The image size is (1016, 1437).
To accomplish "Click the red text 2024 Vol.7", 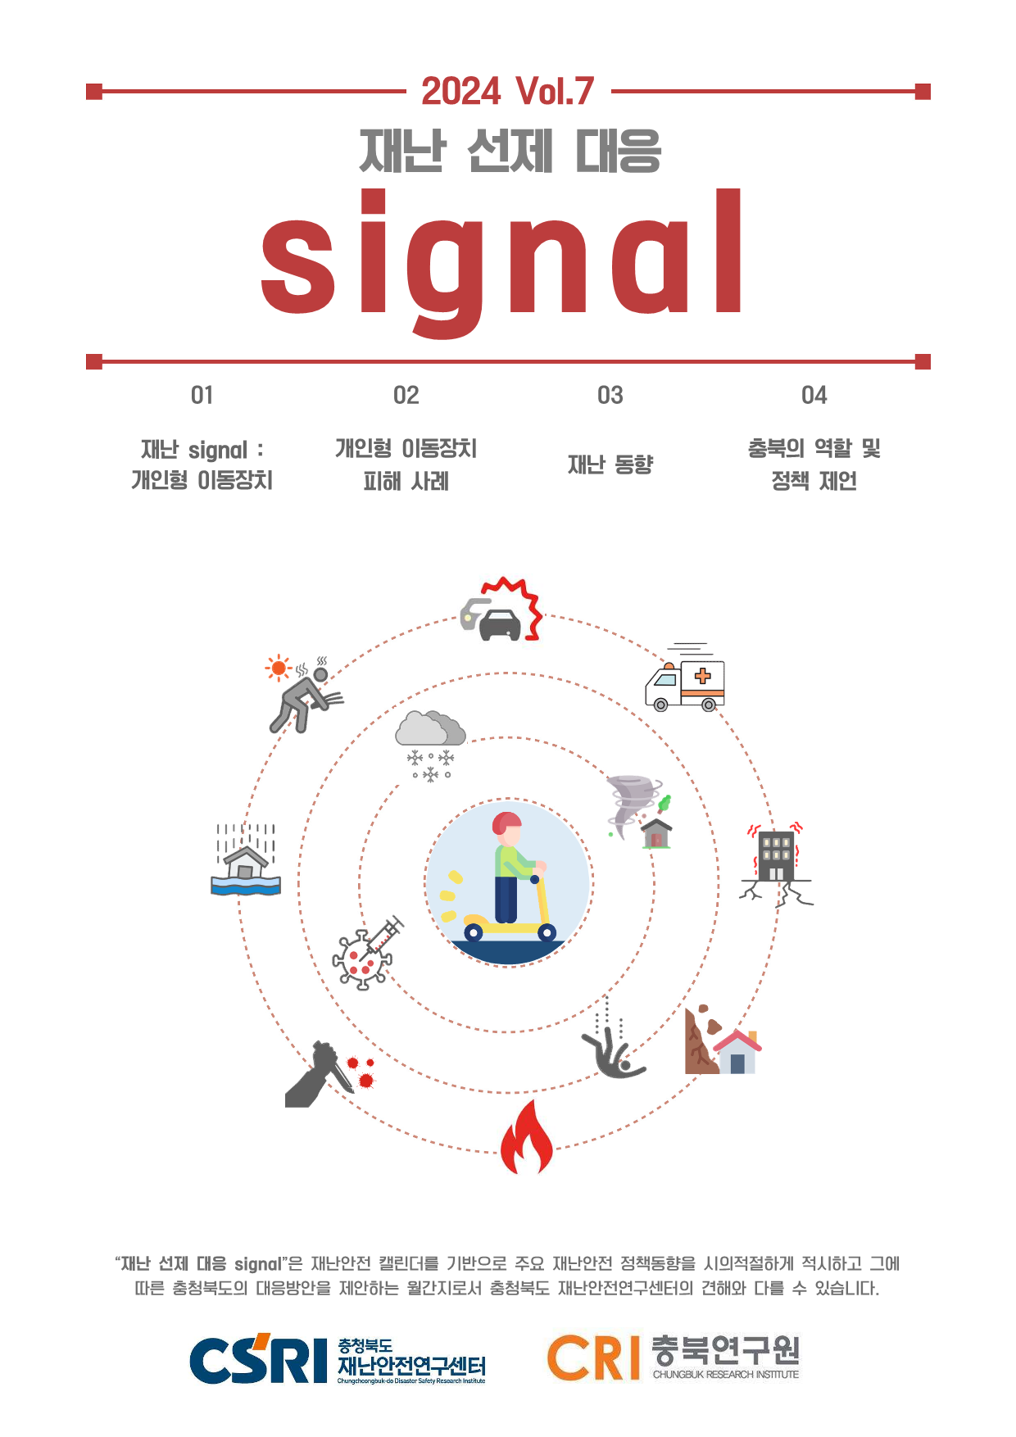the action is tap(507, 91).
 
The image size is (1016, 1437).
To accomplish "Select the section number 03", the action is tap(610, 396).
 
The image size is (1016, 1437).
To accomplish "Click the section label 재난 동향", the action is tap(610, 465).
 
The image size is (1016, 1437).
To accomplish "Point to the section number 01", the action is tap(202, 396).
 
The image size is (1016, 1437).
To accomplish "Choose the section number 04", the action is tap(814, 396).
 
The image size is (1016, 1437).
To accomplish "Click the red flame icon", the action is tap(527, 1137).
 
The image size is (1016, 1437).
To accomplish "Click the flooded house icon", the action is tap(246, 859).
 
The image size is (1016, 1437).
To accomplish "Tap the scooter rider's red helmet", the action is tap(506, 823).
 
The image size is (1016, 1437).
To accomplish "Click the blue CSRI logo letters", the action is tap(258, 1359).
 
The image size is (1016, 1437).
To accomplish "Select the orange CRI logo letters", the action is tap(593, 1358).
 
